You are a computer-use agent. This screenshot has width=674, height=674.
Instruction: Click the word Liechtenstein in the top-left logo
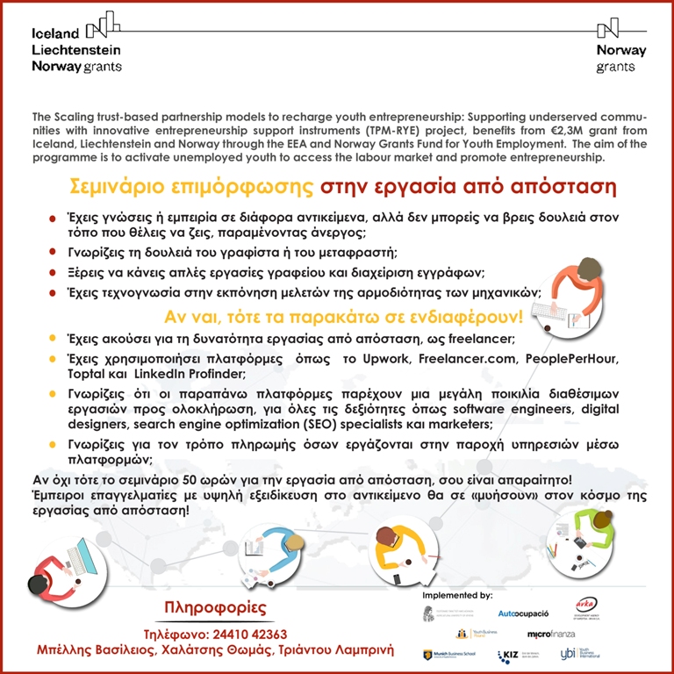75,50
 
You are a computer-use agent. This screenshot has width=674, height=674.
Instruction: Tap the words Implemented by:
458,595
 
